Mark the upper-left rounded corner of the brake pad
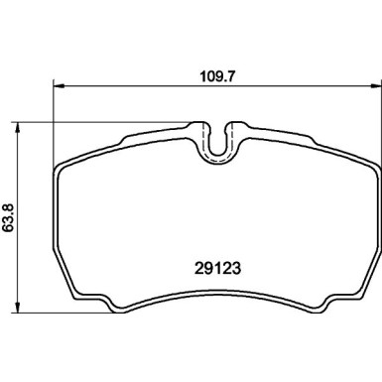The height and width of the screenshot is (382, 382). [x=62, y=165]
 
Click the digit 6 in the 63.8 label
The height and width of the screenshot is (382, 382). [x=9, y=226]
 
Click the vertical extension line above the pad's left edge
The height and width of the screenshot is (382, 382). [x=52, y=119]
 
